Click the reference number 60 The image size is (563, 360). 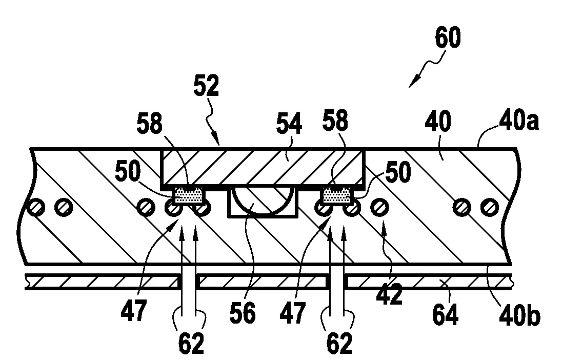tap(447, 39)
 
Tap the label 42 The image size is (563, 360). tap(389, 295)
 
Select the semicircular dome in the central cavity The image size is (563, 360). tap(264, 197)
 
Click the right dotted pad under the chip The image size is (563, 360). tap(337, 195)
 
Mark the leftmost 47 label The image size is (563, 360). tap(134, 312)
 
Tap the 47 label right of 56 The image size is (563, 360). tap(293, 312)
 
